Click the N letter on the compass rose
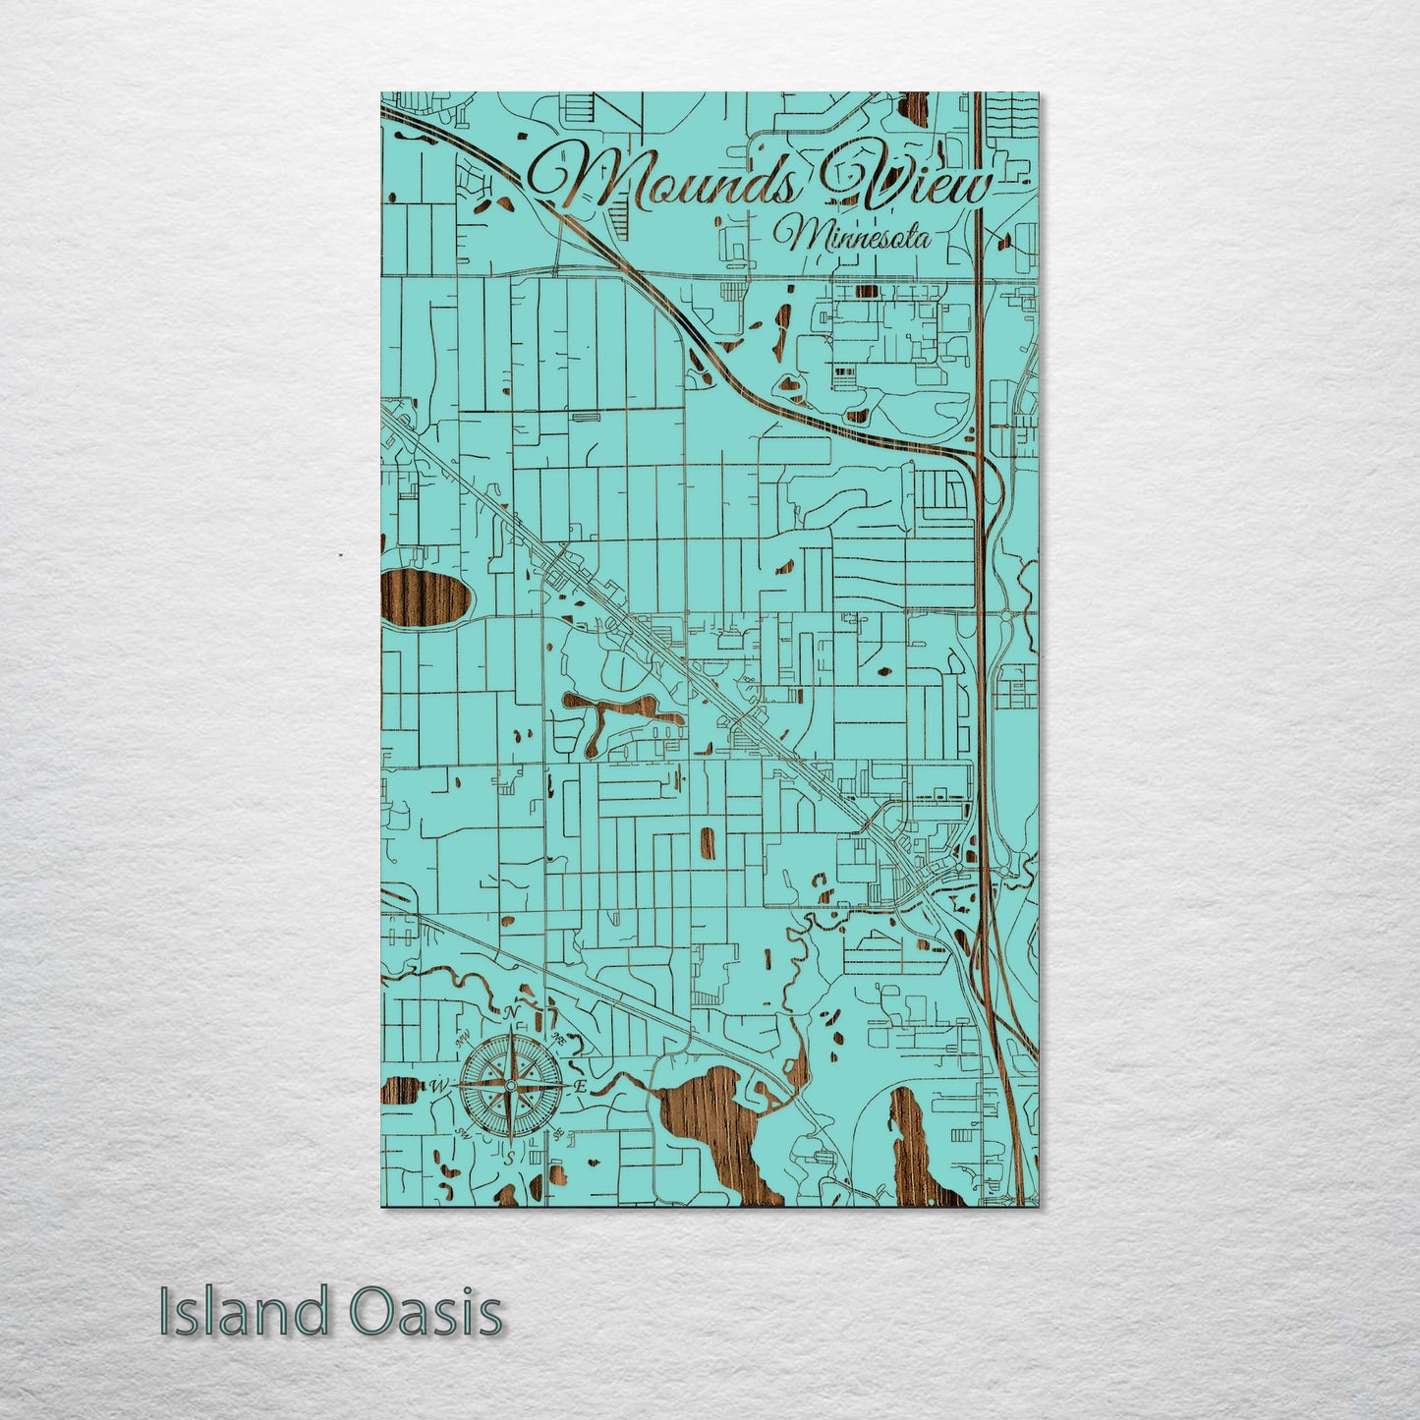(x=510, y=1013)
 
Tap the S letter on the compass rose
(x=508, y=1157)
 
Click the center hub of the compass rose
(x=509, y=1085)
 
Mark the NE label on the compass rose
(x=557, y=1038)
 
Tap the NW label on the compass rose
(x=461, y=1039)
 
